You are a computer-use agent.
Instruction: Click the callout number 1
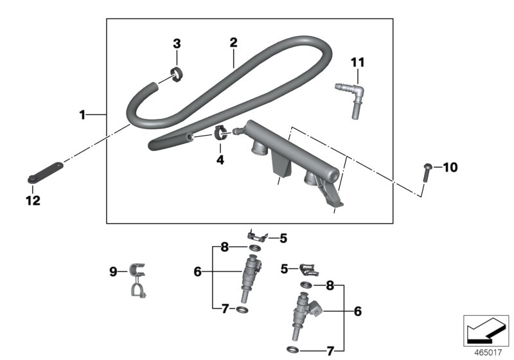click(x=82, y=114)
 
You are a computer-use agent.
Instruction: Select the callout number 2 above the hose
click(x=233, y=42)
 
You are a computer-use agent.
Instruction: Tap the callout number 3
click(x=177, y=44)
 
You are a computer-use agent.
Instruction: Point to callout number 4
click(x=220, y=159)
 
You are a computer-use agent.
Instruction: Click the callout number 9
click(x=114, y=272)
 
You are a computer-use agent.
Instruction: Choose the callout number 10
click(x=450, y=168)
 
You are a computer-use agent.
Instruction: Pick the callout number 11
click(x=357, y=62)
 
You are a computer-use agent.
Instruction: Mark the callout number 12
click(x=32, y=201)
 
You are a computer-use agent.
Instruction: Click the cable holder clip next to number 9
click(x=137, y=281)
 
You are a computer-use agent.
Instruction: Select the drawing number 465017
click(x=488, y=352)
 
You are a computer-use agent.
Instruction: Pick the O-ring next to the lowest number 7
click(x=292, y=350)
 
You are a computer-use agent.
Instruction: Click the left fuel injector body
click(x=249, y=276)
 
